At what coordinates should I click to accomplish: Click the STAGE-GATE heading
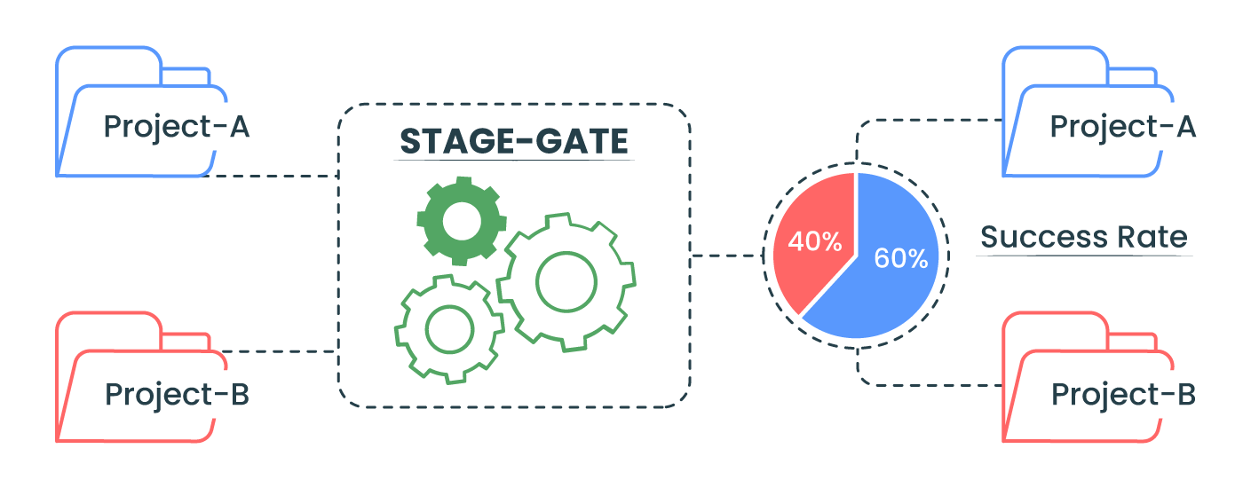pyautogui.click(x=514, y=141)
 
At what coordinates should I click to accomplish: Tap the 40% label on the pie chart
pyautogui.click(x=815, y=241)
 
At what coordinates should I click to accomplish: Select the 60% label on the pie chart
pyautogui.click(x=901, y=258)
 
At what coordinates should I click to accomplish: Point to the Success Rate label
pyautogui.click(x=1084, y=238)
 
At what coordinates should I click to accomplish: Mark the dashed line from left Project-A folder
pyautogui.click(x=270, y=176)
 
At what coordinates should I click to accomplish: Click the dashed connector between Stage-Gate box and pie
pyautogui.click(x=727, y=256)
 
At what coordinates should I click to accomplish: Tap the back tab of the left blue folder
pyautogui.click(x=186, y=69)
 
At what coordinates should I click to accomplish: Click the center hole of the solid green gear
pyautogui.click(x=462, y=221)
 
